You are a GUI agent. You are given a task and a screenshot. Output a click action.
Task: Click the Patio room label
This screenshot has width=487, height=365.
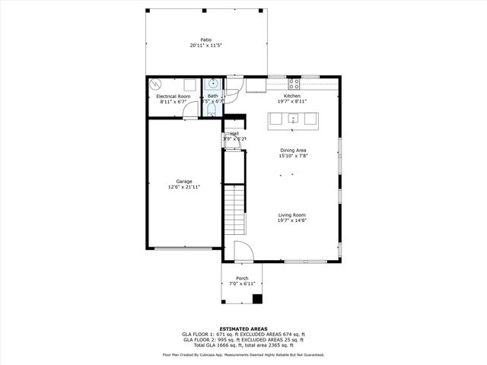click(205, 40)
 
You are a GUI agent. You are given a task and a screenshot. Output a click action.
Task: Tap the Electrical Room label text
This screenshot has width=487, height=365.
click(173, 97)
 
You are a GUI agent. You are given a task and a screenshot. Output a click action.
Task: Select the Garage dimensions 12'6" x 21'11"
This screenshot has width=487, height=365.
click(183, 187)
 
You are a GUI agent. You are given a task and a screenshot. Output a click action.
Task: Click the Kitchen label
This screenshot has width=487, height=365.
click(293, 95)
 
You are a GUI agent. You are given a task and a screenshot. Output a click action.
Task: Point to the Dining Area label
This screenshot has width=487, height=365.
click(293, 151)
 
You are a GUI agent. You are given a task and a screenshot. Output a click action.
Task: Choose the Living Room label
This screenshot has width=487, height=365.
click(292, 215)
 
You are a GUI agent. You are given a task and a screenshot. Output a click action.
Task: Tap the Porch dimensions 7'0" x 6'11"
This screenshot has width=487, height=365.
click(242, 284)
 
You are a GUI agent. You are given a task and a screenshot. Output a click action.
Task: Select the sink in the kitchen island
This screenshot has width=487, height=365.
click(292, 119)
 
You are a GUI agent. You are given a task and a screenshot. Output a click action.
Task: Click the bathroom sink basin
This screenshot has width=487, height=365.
click(215, 83)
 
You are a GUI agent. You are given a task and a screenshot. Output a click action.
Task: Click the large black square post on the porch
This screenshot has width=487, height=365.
click(257, 298)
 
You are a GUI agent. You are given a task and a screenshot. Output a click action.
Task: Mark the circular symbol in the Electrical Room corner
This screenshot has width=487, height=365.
click(156, 84)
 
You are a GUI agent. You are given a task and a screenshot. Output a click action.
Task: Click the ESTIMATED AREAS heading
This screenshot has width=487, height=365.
click(243, 328)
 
